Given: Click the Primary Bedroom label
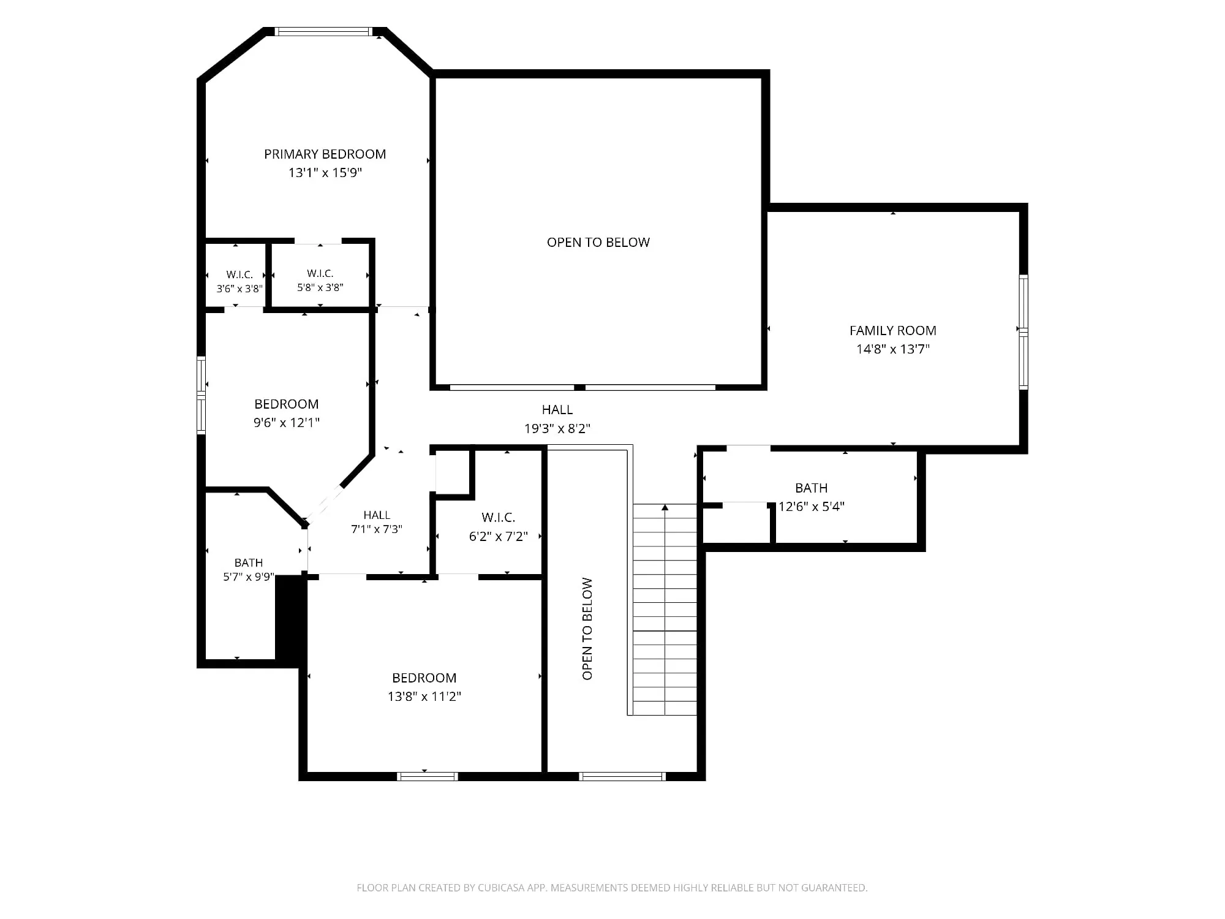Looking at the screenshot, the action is pos(325,154).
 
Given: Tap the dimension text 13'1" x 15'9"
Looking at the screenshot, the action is pos(325,173).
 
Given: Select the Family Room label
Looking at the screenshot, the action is pos(892,331).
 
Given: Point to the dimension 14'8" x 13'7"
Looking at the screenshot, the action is pos(893,349).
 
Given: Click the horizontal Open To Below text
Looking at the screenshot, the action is pos(598,243).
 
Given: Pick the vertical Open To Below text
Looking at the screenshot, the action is pos(587,629).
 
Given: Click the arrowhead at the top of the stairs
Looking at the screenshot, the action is pos(665,507).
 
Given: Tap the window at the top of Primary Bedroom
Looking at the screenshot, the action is pos(323,32).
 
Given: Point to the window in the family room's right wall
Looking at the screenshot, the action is pos(1023,332).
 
